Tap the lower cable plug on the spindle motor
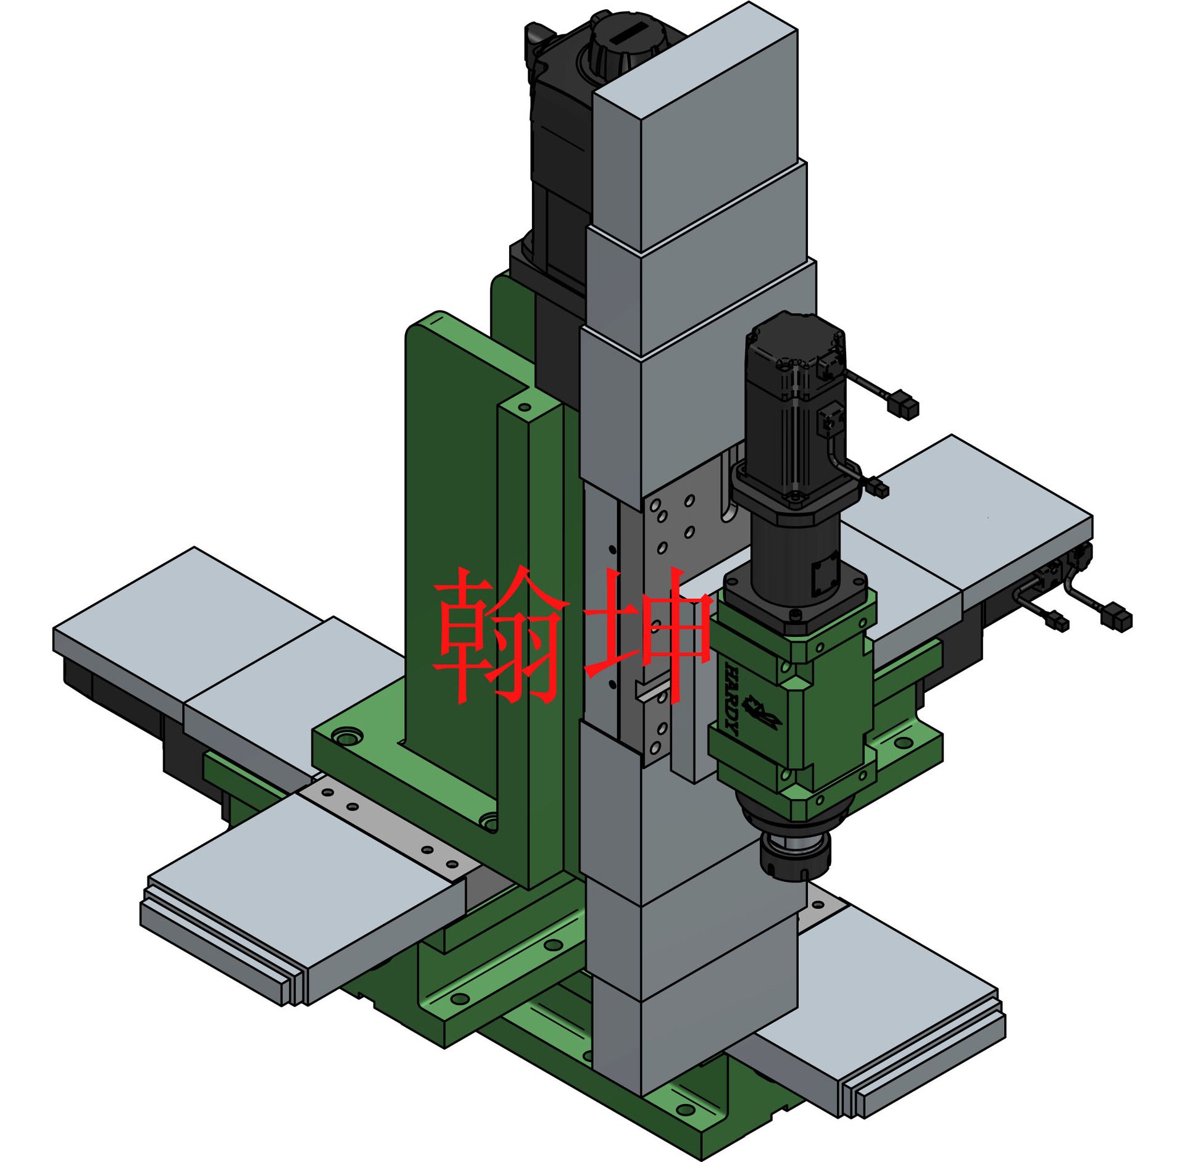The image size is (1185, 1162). pyautogui.click(x=877, y=489)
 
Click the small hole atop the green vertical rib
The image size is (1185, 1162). pyautogui.click(x=524, y=407)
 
